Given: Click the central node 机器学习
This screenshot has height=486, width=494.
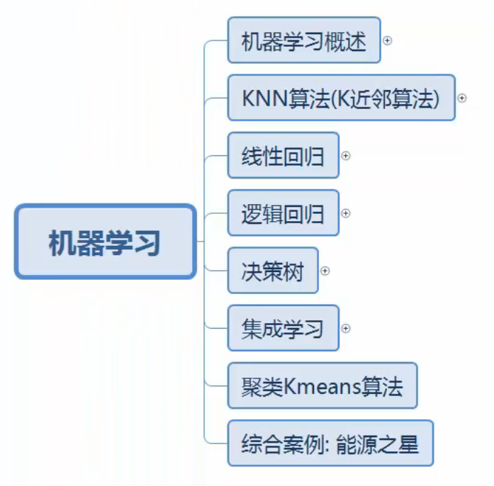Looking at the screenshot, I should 105,242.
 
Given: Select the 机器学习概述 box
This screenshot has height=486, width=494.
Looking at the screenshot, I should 303,40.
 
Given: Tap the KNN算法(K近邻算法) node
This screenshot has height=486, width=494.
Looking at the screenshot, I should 341,98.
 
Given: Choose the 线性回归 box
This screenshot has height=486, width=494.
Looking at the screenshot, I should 283,156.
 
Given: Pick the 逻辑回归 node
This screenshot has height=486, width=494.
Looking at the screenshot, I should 283,213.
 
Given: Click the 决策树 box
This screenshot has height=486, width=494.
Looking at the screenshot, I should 273,271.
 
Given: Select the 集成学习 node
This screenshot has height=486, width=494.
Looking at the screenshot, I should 283,329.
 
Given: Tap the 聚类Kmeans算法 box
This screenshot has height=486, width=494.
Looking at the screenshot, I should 322,386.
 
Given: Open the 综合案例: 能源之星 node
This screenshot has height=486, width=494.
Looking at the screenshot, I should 330,444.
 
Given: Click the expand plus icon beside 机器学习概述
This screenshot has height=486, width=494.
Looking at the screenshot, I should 388,40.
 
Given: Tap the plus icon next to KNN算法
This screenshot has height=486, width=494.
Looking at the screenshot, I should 462,98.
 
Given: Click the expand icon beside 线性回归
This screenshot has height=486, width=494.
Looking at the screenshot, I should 346,156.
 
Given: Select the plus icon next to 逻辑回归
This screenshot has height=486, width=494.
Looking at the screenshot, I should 346,213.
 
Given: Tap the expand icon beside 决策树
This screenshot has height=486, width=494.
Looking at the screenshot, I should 325,271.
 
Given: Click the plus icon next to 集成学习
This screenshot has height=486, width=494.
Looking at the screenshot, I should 346,329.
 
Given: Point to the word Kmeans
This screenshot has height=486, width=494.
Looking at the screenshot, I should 316,387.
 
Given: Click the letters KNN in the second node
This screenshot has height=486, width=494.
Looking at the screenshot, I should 264,98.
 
